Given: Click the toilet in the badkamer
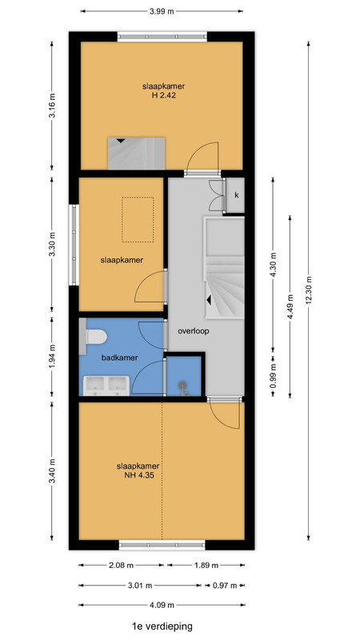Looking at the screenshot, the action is point(94,337).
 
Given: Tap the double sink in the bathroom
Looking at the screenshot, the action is point(106,386).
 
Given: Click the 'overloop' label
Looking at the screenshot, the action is point(193,331).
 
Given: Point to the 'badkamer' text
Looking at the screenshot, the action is point(119,358).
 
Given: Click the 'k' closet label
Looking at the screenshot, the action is point(236,195).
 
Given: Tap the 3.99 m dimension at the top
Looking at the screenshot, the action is point(162,11).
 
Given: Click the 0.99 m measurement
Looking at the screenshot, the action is point(273,375).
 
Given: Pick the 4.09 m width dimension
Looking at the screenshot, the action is point(162,605).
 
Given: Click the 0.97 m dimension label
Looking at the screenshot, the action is point(225,586).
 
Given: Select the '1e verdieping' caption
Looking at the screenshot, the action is point(162,626).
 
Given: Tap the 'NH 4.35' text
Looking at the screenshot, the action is point(138,475).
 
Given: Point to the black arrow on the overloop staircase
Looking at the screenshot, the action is point(209,301).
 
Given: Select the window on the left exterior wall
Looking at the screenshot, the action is point(74,245).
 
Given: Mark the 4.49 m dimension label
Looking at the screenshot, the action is point(290,307).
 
